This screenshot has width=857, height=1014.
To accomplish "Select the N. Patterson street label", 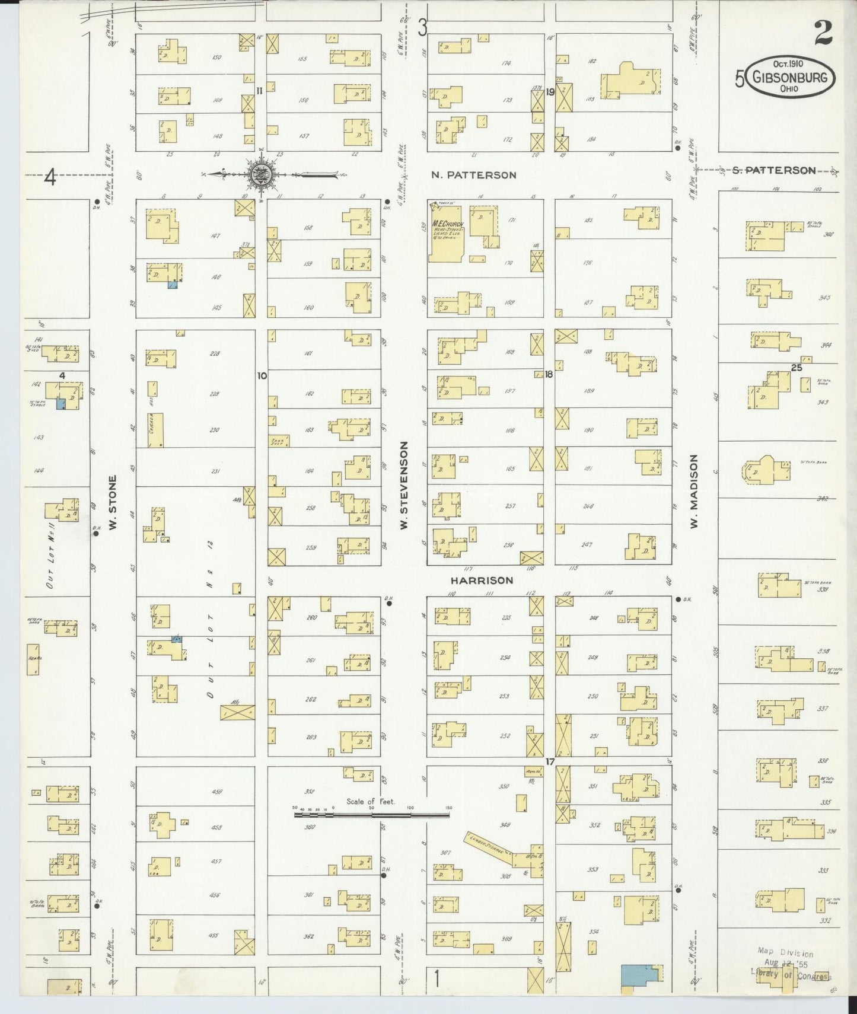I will click(x=473, y=175).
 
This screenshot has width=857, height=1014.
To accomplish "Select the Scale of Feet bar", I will click(x=372, y=815).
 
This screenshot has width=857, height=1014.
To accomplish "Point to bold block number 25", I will click(x=797, y=368).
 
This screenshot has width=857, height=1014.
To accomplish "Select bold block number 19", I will click(x=550, y=92).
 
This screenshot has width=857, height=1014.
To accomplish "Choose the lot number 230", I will click(x=214, y=431).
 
